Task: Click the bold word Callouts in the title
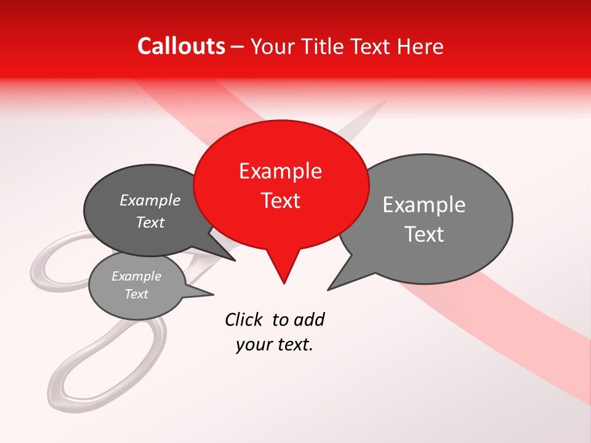(x=181, y=46)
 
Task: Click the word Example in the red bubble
(x=280, y=171)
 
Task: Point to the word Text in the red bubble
(x=281, y=201)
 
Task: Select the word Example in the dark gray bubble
(x=150, y=201)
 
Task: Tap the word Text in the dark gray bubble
(x=150, y=222)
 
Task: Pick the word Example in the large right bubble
(x=424, y=205)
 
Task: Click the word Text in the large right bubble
(x=425, y=234)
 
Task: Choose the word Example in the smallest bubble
(x=136, y=276)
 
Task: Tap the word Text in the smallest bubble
(x=136, y=294)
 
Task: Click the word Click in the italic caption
(x=244, y=319)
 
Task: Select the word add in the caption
(x=309, y=319)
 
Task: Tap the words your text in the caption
(x=275, y=345)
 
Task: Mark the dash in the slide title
(x=238, y=47)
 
